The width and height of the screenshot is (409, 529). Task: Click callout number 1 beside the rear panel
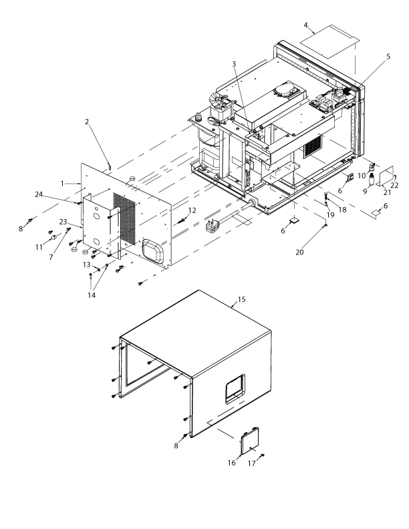tap(62, 182)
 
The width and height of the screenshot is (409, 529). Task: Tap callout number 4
tap(305, 26)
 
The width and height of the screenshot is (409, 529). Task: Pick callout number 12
tap(192, 210)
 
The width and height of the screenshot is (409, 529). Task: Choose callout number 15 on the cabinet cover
tap(242, 299)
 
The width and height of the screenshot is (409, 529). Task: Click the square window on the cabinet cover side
tap(235, 387)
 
